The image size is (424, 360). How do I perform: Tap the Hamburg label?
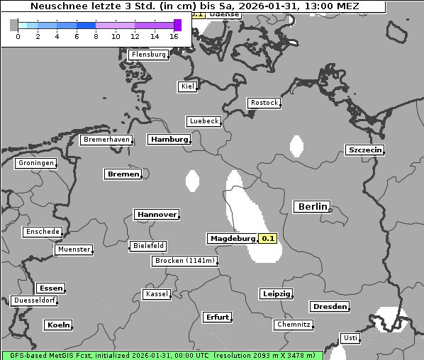(x=169, y=140)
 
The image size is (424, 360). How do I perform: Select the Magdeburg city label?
(x=232, y=239)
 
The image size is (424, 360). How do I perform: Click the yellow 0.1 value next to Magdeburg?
(x=268, y=239)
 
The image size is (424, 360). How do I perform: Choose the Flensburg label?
(x=149, y=55)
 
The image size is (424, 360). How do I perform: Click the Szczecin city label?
(x=364, y=150)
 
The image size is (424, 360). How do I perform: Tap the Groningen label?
(x=35, y=163)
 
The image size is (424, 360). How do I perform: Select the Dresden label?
(x=329, y=307)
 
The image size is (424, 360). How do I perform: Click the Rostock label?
(x=264, y=103)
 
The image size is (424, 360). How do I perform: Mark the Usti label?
(x=350, y=338)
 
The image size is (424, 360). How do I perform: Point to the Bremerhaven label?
(x=106, y=140)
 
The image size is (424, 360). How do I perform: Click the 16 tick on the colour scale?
(x=174, y=36)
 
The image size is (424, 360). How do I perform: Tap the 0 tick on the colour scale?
(x=17, y=36)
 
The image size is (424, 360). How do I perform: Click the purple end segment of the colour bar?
(x=177, y=25)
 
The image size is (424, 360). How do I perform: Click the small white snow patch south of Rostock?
(x=296, y=145)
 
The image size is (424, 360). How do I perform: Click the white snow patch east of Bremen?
(x=191, y=181)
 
